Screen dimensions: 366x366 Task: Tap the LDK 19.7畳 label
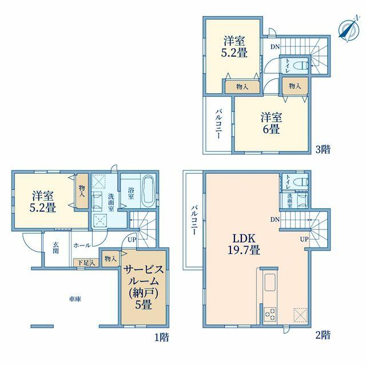point(244,244)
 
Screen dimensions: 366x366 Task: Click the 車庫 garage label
point(75,299)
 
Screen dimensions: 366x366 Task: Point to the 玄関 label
point(55,248)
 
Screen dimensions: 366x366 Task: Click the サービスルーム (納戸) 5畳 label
point(144,287)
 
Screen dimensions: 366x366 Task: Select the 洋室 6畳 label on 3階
point(271,124)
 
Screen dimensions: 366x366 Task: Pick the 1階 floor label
point(161,337)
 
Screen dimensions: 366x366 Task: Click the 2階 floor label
point(323,335)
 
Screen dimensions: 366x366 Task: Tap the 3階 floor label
point(323,149)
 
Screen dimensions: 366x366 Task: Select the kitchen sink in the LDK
point(270,283)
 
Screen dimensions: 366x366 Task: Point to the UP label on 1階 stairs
point(132,240)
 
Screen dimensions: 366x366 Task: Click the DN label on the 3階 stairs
point(275,47)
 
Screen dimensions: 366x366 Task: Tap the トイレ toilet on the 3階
point(303,65)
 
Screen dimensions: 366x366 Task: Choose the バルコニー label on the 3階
point(218,124)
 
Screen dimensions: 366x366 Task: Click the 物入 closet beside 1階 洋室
point(82,190)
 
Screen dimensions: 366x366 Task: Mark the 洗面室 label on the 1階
point(111,202)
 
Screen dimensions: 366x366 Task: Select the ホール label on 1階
point(82,245)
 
